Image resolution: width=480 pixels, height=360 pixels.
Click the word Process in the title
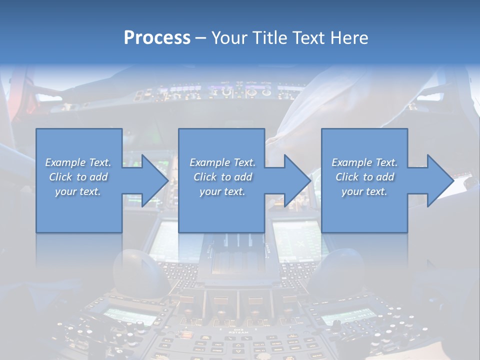click(157, 37)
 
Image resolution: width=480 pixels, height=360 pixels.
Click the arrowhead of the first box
click(155, 180)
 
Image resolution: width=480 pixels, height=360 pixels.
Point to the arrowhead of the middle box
click(297, 180)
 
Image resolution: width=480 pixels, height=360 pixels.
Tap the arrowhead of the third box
click(440, 180)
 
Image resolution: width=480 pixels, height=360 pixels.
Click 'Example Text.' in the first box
click(78, 162)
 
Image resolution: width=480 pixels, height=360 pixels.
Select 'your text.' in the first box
click(78, 191)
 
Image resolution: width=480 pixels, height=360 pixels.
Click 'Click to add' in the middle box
click(222, 177)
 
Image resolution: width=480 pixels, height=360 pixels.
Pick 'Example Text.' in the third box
click(364, 162)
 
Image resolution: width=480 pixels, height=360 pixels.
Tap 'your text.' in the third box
click(364, 191)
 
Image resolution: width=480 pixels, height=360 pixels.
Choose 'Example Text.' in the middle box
click(222, 162)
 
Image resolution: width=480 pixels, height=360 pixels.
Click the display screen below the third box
click(300, 240)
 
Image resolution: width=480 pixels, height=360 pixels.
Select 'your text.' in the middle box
click(222, 191)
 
